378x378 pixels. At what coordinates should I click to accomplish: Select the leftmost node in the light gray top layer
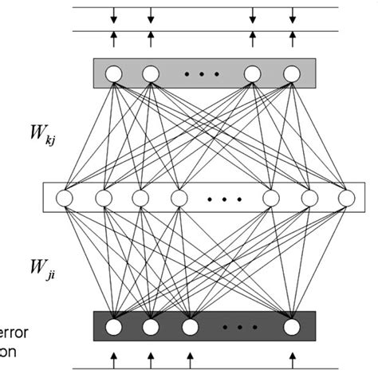pyautogui.click(x=113, y=75)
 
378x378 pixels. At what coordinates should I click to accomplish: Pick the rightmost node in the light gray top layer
pyautogui.click(x=291, y=75)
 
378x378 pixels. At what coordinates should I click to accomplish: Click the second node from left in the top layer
pyautogui.click(x=151, y=75)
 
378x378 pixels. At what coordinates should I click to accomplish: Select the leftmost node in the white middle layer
pyautogui.click(x=65, y=197)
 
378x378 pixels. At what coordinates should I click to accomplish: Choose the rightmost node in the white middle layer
pyautogui.click(x=345, y=197)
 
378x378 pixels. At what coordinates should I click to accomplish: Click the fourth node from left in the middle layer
pyautogui.click(x=178, y=197)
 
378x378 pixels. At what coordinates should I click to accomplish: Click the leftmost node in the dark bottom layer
pyautogui.click(x=113, y=326)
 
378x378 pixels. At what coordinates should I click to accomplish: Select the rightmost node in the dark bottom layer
pyautogui.click(x=292, y=326)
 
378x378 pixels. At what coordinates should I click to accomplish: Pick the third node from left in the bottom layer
pyautogui.click(x=189, y=326)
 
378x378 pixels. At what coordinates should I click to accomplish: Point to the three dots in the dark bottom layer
pyautogui.click(x=240, y=326)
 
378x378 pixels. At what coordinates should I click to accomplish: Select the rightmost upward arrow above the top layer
pyautogui.click(x=291, y=37)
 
